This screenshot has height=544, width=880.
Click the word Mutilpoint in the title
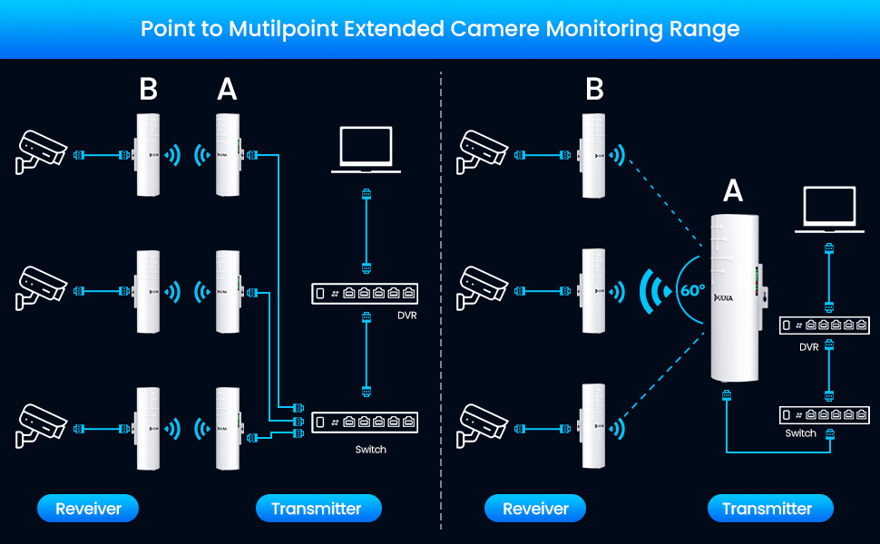pyautogui.click(x=281, y=29)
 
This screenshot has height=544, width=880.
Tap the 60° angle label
pyautogui.click(x=690, y=292)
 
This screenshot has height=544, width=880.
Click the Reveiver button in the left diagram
pyautogui.click(x=88, y=509)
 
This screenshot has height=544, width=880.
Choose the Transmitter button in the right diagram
pyautogui.click(x=767, y=509)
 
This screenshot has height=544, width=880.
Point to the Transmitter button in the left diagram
pyautogui.click(x=317, y=509)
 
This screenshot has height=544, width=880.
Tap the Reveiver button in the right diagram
pyautogui.click(x=535, y=509)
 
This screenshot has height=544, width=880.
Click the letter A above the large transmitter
pyautogui.click(x=733, y=191)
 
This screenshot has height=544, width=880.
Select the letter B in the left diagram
pyautogui.click(x=148, y=89)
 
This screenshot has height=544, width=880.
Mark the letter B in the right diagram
pyautogui.click(x=595, y=89)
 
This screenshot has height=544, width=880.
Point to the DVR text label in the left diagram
pyautogui.click(x=406, y=316)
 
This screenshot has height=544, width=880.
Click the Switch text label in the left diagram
pyautogui.click(x=370, y=450)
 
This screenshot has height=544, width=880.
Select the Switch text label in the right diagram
pyautogui.click(x=801, y=433)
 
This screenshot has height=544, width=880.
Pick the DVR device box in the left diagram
pyautogui.click(x=366, y=293)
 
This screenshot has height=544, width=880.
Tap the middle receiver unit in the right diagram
pyautogui.click(x=594, y=292)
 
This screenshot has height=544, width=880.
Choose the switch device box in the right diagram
pyautogui.click(x=825, y=415)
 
